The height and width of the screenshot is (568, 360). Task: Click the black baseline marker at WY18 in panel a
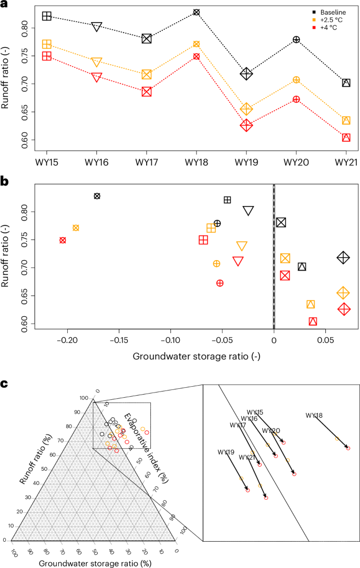coord(197,12)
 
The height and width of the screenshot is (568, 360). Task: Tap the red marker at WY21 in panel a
coord(346,138)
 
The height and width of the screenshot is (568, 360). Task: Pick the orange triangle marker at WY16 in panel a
coord(97,63)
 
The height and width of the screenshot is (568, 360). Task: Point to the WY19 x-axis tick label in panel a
coord(246,162)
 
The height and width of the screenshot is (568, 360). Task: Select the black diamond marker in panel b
coord(343,257)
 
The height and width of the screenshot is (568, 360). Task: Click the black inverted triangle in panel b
coord(249,211)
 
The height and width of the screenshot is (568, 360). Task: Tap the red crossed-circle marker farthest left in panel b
coord(63,240)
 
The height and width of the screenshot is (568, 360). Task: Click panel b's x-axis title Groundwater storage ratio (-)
coord(197,356)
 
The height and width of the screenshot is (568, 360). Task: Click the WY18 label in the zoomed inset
coord(314,416)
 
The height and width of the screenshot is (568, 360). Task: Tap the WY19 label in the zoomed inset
coord(226,452)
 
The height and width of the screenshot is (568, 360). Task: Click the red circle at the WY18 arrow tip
coord(348,448)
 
